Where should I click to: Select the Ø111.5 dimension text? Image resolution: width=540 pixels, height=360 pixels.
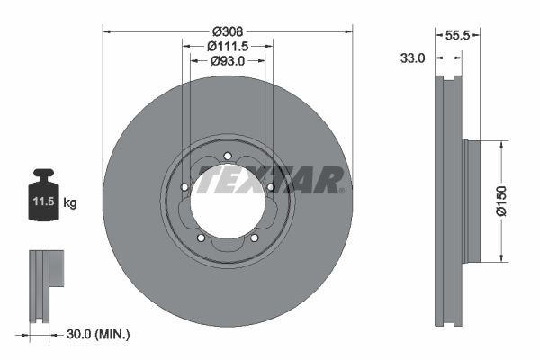(x=228, y=45)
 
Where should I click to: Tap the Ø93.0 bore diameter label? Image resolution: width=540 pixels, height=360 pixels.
(x=228, y=61)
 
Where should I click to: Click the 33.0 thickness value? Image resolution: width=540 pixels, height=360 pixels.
(x=412, y=58)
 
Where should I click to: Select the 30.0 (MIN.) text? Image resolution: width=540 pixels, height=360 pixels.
(x=99, y=335)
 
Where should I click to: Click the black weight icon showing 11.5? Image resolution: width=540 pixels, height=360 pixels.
(x=42, y=191)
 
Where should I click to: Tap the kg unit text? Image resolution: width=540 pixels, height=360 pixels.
(x=70, y=203)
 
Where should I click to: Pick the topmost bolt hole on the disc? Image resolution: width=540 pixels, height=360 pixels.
(x=228, y=156)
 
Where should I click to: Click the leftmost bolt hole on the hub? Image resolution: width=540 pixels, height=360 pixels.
(x=184, y=187)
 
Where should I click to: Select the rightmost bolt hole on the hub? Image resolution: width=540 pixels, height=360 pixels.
(x=270, y=186)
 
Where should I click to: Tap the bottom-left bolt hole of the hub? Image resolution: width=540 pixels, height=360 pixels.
(x=201, y=238)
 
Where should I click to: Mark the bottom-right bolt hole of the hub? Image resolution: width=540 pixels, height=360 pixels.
(x=255, y=238)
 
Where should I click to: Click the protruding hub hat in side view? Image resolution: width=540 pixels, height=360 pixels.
(x=474, y=201)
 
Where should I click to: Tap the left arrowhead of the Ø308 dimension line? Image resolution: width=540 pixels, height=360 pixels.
(x=107, y=31)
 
